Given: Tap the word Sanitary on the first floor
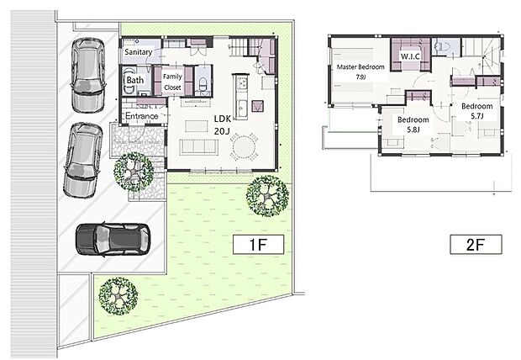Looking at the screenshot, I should (138, 52).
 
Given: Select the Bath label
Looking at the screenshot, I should (135, 81).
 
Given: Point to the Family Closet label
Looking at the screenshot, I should (173, 81).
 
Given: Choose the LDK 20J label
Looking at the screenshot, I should (223, 125).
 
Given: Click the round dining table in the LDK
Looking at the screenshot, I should (244, 147).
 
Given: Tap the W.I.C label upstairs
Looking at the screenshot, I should (410, 56).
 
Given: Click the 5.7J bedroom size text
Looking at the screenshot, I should (476, 116).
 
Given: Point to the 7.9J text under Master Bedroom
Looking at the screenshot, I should (360, 77).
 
